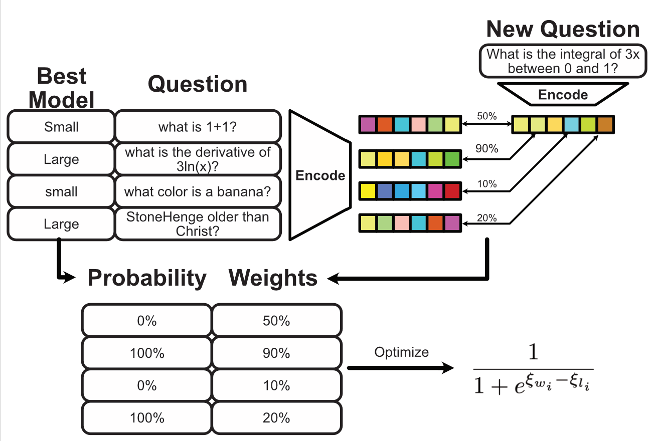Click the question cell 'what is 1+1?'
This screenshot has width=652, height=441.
point(198,127)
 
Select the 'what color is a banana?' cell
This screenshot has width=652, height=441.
point(198,191)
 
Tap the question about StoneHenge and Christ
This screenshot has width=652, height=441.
point(198,224)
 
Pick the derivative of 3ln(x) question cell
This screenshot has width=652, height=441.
point(198,159)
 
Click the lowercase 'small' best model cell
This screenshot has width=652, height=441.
point(61,191)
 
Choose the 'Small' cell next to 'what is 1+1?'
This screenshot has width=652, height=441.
point(61,127)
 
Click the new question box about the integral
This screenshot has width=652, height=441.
point(563,61)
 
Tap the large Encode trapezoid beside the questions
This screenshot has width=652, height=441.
point(320,175)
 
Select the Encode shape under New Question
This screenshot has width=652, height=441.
point(563,94)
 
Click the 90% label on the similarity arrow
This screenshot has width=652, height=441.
point(486,148)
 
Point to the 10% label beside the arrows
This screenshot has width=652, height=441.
point(486,183)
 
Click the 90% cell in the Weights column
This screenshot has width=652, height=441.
point(276,353)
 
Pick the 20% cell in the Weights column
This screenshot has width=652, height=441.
point(276,418)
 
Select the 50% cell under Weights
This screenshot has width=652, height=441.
point(276,321)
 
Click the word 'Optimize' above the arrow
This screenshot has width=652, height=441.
point(401,352)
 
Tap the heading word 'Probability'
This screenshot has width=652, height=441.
point(147,278)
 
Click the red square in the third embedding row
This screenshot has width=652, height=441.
point(452,191)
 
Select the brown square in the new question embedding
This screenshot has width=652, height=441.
point(605,124)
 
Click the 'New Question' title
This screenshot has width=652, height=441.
point(563,29)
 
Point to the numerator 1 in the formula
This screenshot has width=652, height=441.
point(533,351)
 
